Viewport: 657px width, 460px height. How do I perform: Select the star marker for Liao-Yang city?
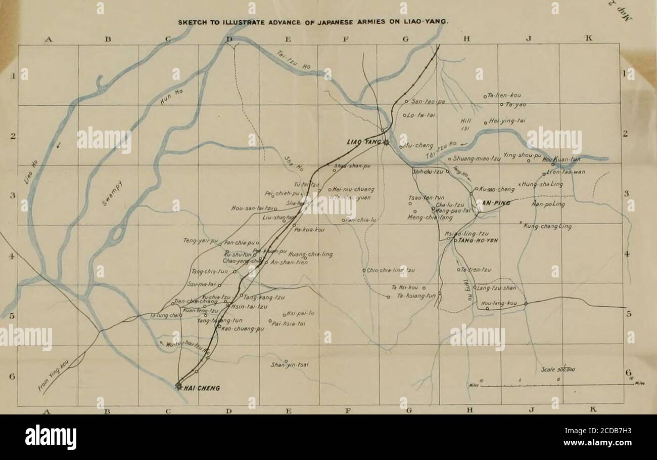pos(386,143)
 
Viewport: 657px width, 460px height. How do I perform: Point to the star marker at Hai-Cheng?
pos(178,386)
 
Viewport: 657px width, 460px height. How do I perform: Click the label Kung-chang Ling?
pos(547,226)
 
